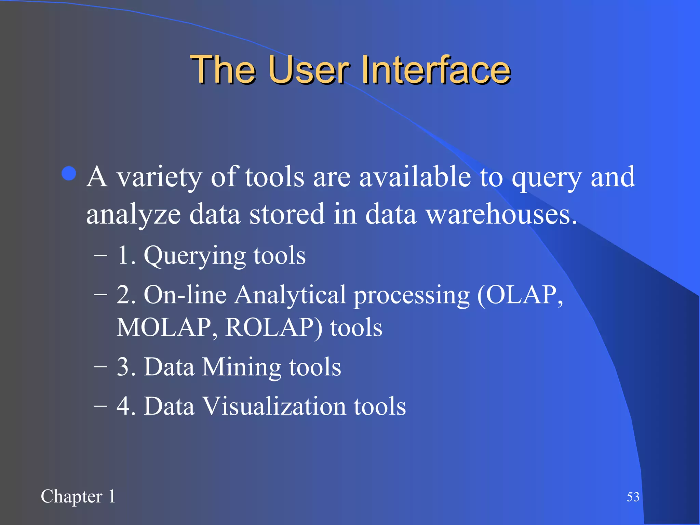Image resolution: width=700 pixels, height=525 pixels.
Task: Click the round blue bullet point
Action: pos(69,173)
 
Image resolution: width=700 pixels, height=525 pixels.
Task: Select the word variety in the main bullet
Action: pos(159,178)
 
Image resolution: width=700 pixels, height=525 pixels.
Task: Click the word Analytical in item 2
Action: pos(290,295)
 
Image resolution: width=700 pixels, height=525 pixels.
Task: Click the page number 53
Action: pos(633,497)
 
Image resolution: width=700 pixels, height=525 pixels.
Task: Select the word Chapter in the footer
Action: pos(71,497)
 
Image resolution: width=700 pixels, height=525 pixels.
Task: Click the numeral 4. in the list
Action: pos(126,406)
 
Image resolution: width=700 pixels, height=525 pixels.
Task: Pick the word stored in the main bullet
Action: pos(287,214)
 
